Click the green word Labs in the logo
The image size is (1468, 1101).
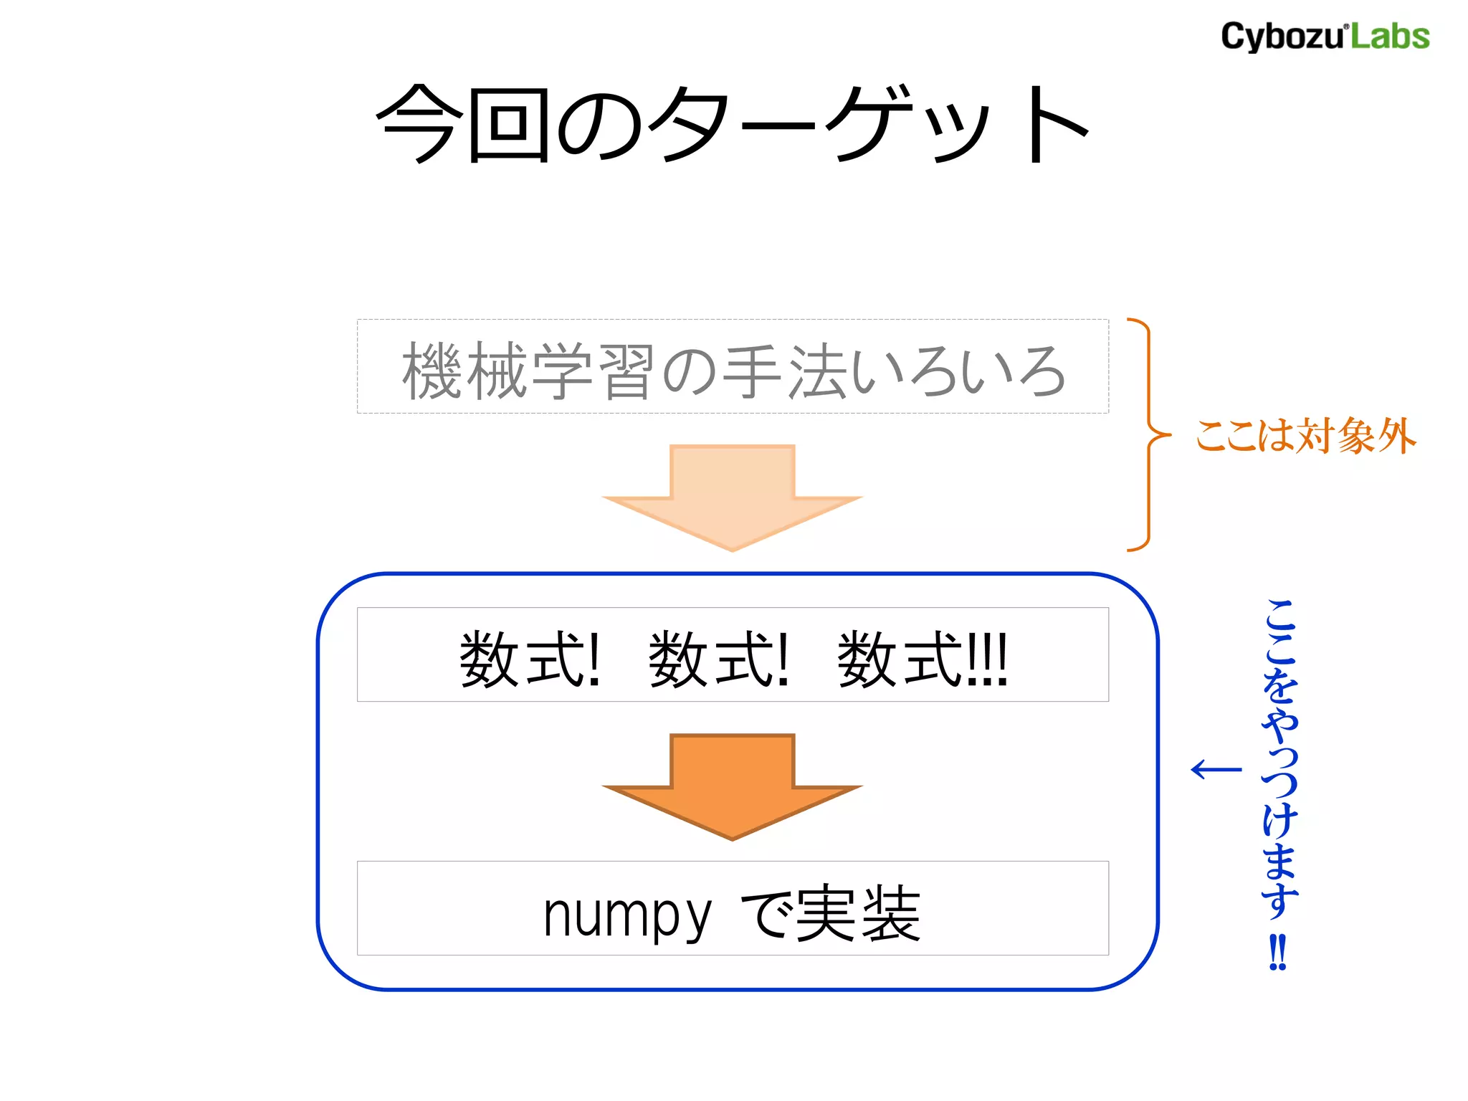coord(1390,37)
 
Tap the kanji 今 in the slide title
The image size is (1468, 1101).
coord(416,123)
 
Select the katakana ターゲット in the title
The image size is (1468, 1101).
coord(867,123)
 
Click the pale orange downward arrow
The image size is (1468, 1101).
coord(732,497)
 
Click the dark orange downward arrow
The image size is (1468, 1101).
coord(732,786)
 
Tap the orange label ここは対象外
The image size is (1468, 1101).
coord(1305,436)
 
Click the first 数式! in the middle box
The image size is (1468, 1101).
coord(529,659)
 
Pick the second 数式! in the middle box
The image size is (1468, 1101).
coord(718,659)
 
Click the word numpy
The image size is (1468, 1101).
coord(626,915)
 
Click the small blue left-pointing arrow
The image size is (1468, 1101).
coord(1216,769)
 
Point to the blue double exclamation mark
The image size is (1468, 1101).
coord(1278,951)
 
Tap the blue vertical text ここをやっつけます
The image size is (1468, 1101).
coord(1279,760)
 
